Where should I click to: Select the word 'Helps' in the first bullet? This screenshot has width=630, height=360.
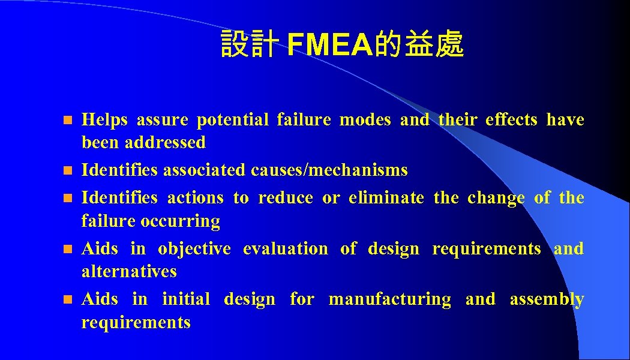point(104,120)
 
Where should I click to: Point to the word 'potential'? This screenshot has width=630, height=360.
point(233,120)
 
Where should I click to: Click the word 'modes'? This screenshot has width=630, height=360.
point(365,120)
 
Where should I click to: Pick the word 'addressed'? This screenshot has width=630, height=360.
point(165,143)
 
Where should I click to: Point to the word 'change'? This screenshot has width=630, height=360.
point(496,198)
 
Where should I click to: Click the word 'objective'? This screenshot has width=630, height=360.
point(194,249)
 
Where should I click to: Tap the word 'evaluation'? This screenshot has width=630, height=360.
point(285,249)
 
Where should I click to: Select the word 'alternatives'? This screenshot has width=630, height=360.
point(129,272)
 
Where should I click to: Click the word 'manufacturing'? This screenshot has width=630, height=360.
point(389,299)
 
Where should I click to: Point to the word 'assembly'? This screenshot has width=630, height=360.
point(547,299)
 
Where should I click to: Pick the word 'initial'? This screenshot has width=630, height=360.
point(186,299)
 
